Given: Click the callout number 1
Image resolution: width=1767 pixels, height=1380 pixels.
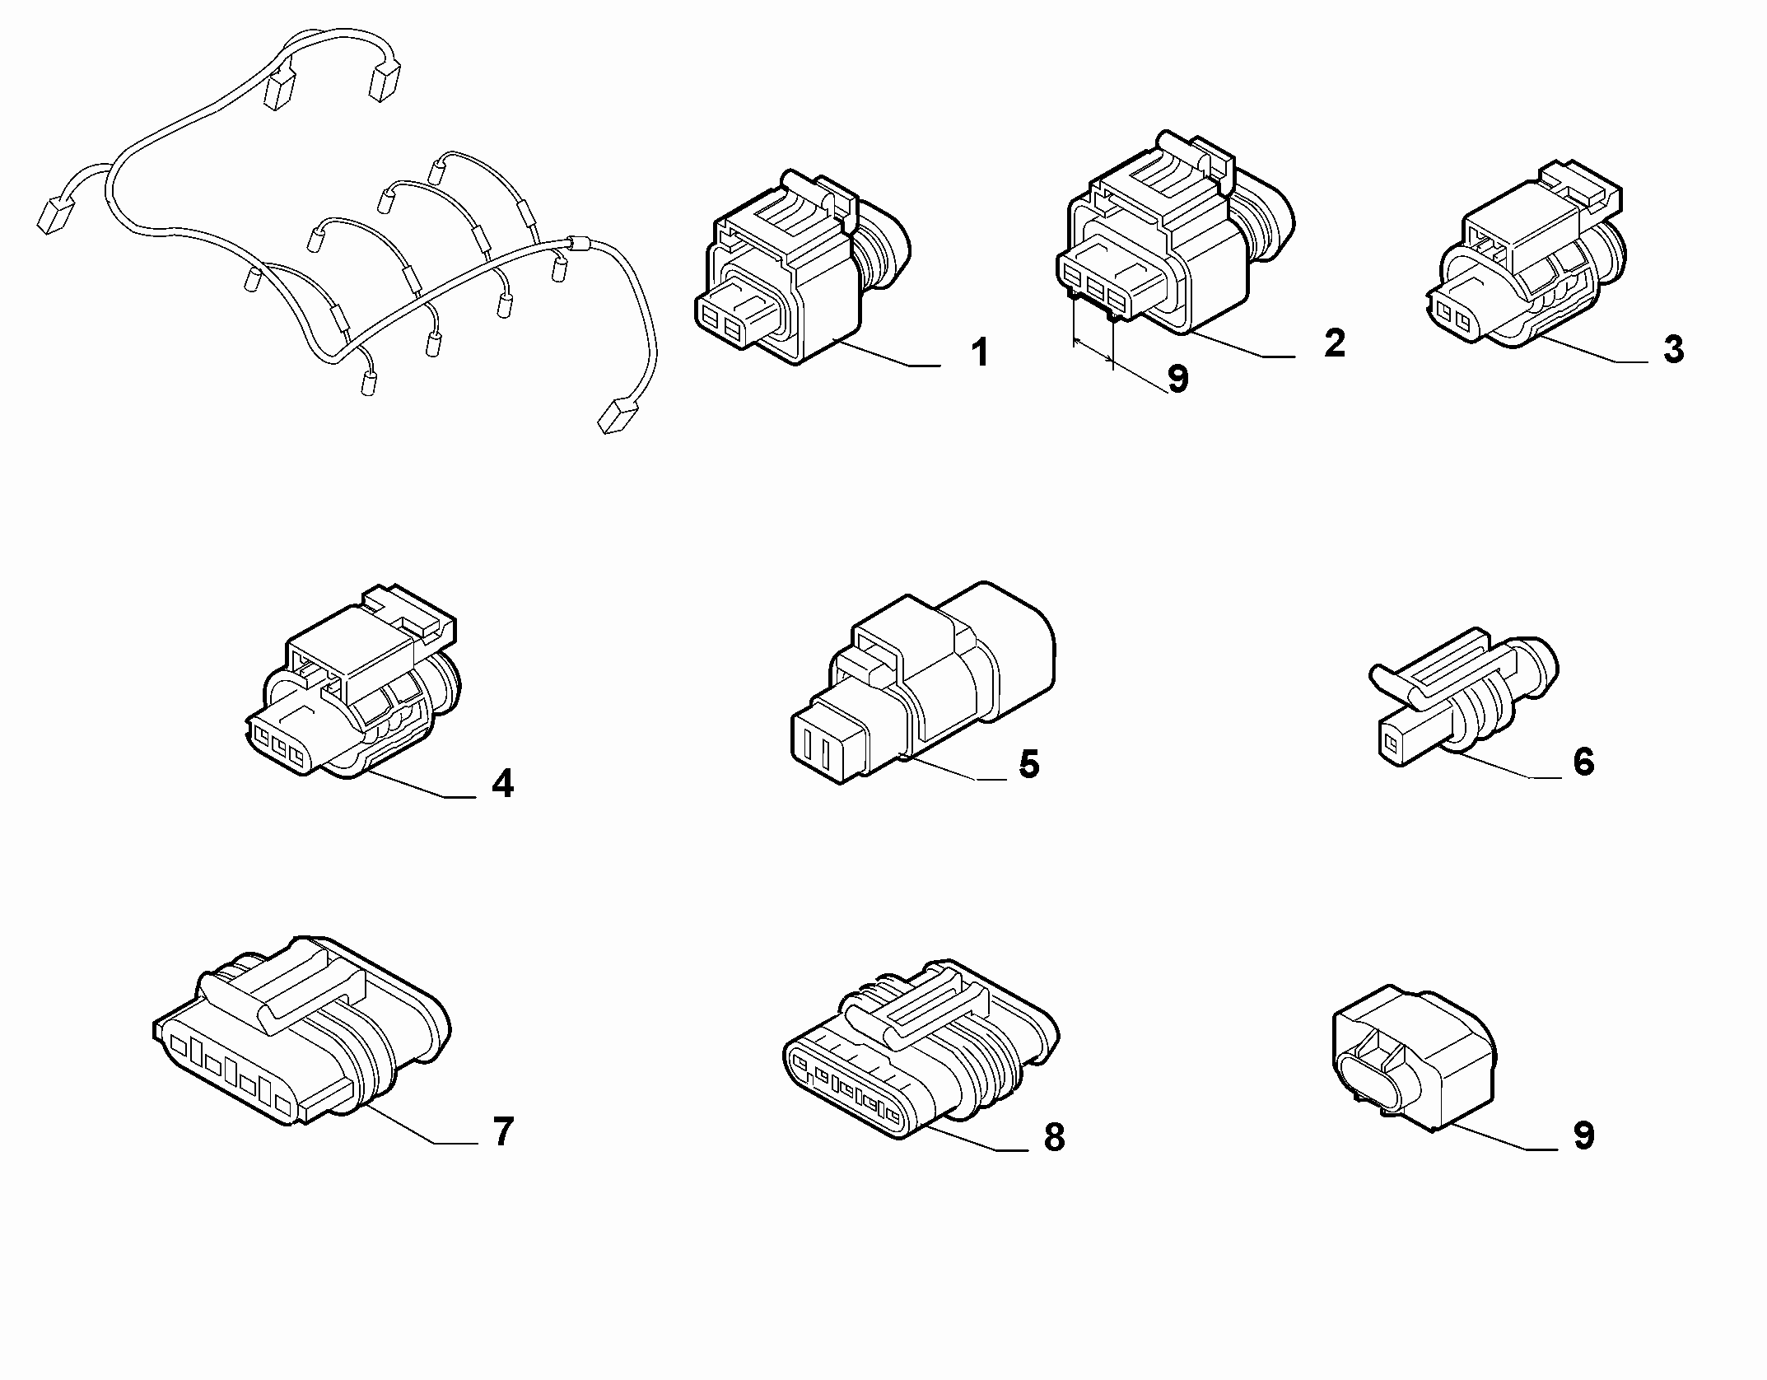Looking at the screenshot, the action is (978, 353).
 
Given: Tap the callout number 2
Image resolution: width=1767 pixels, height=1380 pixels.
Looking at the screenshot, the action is (1335, 343).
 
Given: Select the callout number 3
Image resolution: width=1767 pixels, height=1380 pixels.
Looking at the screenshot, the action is (1673, 349).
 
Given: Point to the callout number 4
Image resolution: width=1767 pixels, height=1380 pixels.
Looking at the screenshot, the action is (502, 783).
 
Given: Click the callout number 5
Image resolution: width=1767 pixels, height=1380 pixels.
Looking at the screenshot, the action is (1029, 764).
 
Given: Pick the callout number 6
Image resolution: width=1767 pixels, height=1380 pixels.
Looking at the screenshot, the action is (1583, 762).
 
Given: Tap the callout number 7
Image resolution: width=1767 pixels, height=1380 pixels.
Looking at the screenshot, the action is (503, 1131).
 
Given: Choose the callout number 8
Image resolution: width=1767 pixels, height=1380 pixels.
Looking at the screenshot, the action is (1054, 1137).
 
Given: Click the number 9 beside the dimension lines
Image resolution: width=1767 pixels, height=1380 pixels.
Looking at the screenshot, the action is (1178, 379).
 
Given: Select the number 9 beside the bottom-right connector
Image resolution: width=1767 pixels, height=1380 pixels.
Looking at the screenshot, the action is (1583, 1135).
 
